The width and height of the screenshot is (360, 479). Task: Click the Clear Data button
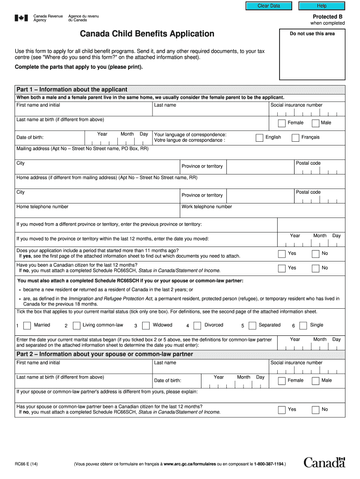[269, 6]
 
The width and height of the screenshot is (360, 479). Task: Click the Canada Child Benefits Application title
[147, 34]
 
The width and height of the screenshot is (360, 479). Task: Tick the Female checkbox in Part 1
[281, 123]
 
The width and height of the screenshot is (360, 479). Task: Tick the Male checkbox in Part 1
[315, 123]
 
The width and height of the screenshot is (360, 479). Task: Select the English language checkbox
[259, 138]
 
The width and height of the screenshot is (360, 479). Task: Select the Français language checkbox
[295, 138]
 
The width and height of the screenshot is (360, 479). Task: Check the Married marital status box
[28, 326]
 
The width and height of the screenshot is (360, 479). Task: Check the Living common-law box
[76, 326]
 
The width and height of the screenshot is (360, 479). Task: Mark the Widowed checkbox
[146, 326]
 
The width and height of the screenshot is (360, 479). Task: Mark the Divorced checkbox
[197, 326]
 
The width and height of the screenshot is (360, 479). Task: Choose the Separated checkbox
[252, 326]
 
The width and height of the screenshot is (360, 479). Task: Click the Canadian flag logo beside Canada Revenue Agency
[21, 18]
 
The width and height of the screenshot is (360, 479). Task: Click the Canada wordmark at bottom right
[324, 463]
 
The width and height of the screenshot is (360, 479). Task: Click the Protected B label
[328, 16]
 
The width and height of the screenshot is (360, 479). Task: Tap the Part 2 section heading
[105, 354]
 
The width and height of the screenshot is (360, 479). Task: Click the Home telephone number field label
[43, 207]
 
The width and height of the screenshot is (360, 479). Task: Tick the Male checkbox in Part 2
[315, 381]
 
